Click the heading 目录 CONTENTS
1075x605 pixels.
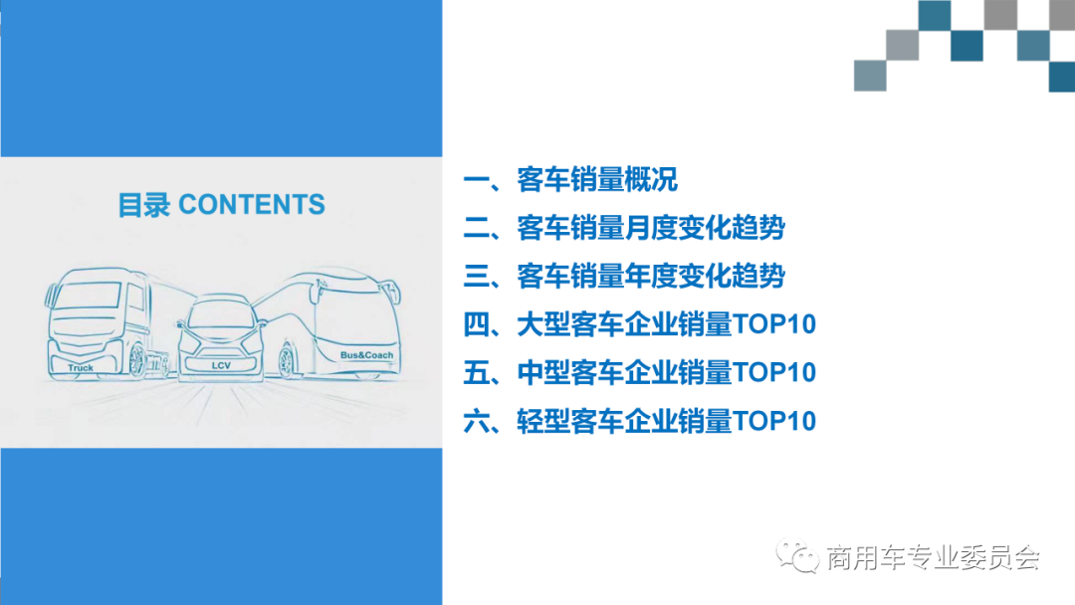pos(221,205)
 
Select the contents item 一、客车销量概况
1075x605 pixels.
pos(571,180)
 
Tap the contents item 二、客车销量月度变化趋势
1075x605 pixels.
pos(624,229)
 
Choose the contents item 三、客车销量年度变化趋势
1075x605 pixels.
pos(624,276)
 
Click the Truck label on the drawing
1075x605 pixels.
pos(81,368)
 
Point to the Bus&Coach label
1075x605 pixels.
pos(366,355)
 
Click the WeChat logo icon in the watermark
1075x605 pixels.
pos(799,556)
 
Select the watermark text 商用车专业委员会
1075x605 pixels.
pos(933,558)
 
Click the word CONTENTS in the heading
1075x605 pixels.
pos(252,205)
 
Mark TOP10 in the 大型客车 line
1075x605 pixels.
pos(774,324)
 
